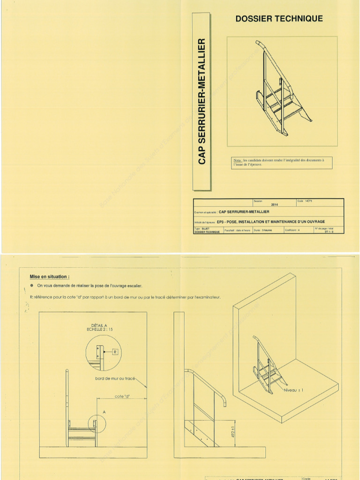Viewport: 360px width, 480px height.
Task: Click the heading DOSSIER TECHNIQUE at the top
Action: click(279, 19)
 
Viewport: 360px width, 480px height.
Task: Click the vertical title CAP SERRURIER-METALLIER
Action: click(202, 101)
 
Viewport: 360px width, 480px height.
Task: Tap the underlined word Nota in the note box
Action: click(237, 160)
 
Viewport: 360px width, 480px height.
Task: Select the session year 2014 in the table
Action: click(274, 205)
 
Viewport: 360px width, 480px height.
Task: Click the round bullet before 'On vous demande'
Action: click(31, 285)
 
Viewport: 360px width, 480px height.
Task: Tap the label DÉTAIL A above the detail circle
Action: click(99, 325)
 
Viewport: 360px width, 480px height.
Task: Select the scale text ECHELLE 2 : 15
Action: click(99, 330)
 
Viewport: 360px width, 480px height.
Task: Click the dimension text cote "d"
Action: click(122, 396)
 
